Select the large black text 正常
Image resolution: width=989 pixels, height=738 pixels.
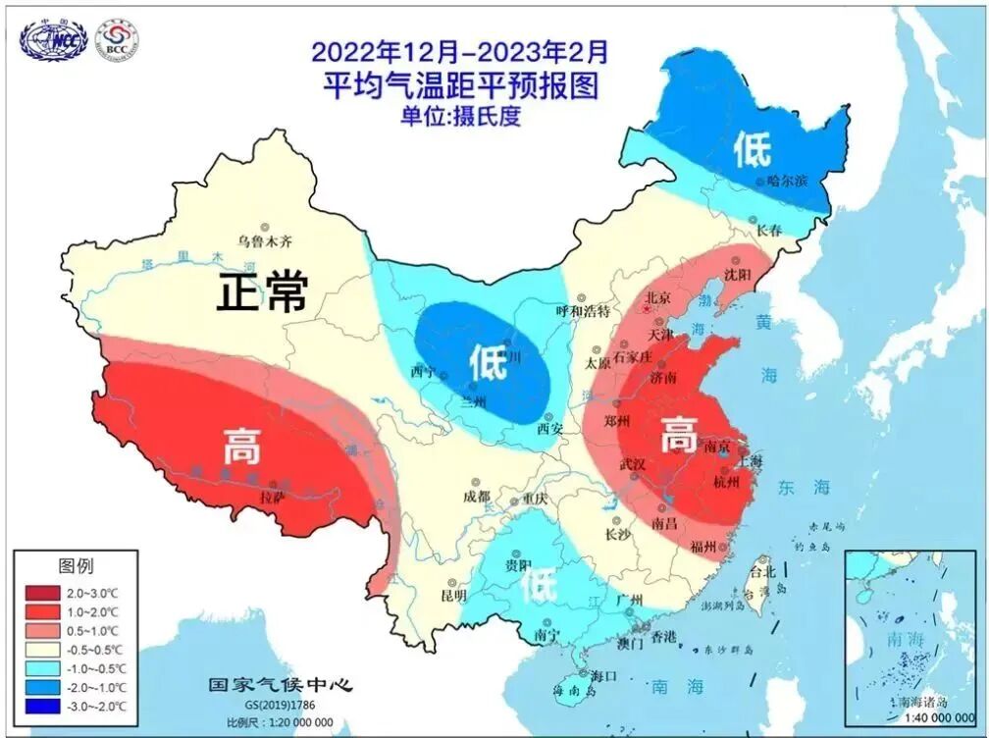click(263, 291)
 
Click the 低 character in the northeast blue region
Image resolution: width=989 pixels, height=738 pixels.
click(753, 149)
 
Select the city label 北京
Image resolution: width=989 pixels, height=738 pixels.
click(656, 297)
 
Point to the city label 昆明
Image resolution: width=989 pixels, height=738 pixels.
click(453, 596)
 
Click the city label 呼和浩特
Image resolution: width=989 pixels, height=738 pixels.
click(583, 311)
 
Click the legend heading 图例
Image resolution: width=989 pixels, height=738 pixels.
click(76, 566)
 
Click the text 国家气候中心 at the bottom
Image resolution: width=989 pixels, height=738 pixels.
click(280, 684)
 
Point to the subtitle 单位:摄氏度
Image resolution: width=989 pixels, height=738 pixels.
click(459, 116)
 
